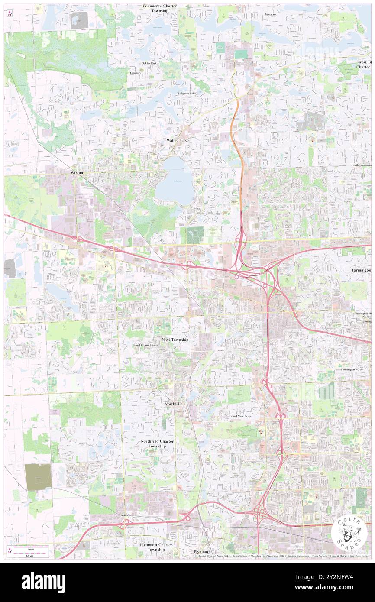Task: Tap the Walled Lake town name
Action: [178, 141]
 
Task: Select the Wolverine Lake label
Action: [186, 94]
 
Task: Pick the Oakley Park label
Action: [149, 63]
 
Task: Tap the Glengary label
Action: [136, 73]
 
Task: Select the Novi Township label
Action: [175, 340]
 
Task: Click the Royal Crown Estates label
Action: [145, 345]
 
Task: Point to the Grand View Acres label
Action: [240, 416]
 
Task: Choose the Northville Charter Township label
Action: [157, 443]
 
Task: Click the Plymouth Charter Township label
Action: [156, 547]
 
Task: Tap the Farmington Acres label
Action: [351, 369]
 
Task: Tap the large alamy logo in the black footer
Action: [43, 582]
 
